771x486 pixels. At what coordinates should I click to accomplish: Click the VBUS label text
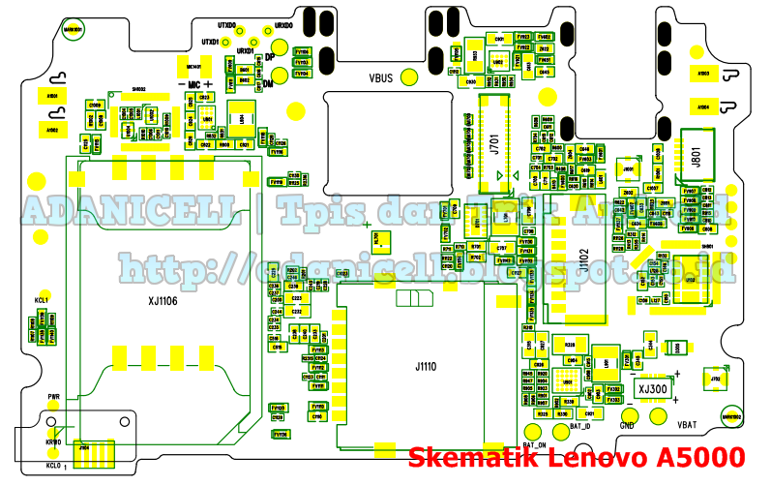(x=379, y=76)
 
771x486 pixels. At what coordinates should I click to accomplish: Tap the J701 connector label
(x=493, y=145)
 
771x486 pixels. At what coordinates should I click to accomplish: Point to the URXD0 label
(x=284, y=25)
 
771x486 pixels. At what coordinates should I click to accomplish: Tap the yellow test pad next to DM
(x=252, y=85)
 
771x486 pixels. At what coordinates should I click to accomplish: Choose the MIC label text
(x=193, y=85)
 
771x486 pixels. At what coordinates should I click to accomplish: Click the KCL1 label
(x=41, y=301)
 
